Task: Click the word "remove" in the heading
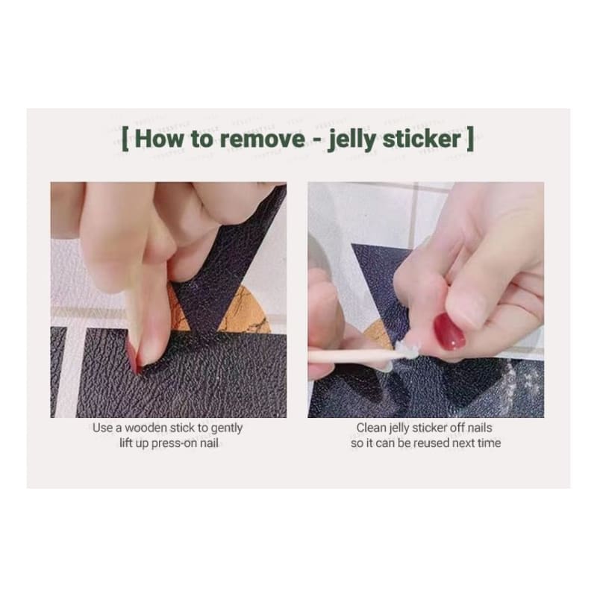[263, 139]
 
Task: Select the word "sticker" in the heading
[422, 139]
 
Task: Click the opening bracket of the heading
[125, 140]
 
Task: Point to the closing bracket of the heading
[470, 140]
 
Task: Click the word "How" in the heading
[158, 139]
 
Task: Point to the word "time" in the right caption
[490, 443]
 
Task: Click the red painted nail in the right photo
[449, 331]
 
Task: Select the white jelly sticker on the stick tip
[406, 349]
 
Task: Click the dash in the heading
[316, 140]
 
